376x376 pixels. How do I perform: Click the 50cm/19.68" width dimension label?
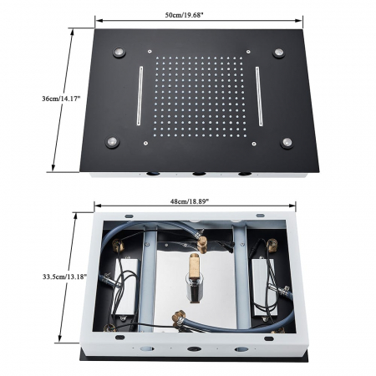[183, 15]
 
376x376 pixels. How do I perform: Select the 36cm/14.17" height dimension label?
[61, 99]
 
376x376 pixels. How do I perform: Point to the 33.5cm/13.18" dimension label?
[64, 277]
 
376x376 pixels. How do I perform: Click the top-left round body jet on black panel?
[119, 52]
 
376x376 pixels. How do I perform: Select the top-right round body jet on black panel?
[278, 53]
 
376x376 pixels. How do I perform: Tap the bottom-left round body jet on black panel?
[112, 142]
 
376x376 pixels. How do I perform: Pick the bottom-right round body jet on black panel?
[287, 143]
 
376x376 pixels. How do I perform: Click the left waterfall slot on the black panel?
[140, 96]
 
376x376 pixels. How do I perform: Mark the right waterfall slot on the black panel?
[259, 96]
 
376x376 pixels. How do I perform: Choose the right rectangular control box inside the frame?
[265, 287]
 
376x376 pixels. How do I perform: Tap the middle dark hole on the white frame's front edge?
[194, 348]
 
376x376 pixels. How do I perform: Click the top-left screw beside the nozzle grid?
[150, 52]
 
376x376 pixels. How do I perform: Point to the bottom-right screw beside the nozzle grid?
[254, 144]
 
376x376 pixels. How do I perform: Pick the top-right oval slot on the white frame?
[261, 216]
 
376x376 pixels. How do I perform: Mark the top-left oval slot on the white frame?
[130, 216]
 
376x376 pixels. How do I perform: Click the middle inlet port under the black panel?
[199, 174]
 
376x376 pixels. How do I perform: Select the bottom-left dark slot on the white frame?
[119, 338]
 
